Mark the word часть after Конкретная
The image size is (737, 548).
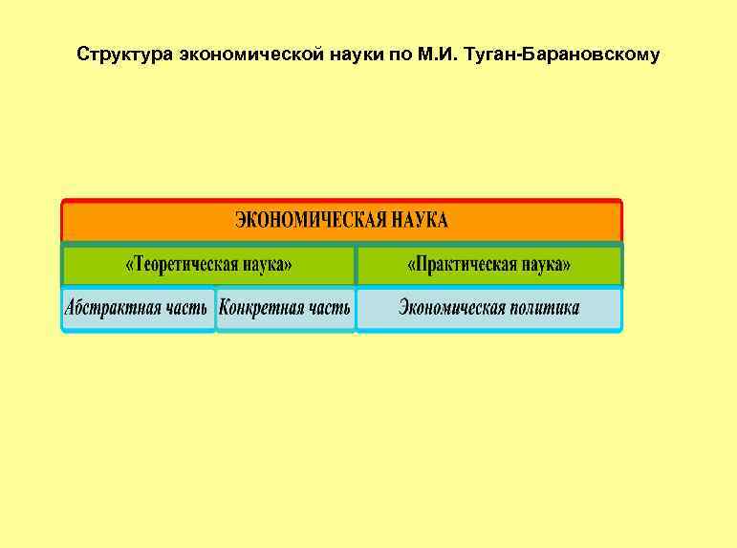(329, 309)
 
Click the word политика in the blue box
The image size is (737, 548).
(546, 309)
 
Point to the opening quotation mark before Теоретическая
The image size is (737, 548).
(130, 265)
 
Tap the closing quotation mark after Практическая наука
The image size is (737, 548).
(568, 265)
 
